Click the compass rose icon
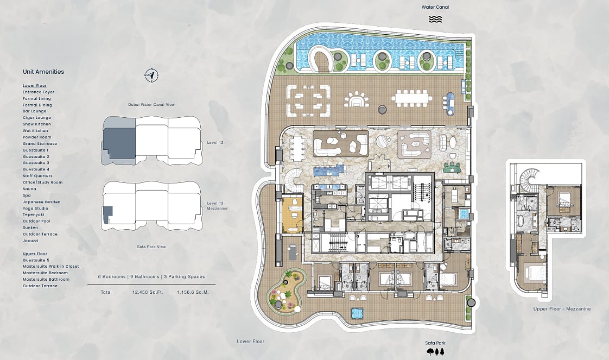coord(151,75)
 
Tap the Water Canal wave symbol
coord(435,19)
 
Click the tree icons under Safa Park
coord(435,352)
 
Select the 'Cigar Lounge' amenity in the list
coord(37,118)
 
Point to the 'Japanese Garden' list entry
coord(42,202)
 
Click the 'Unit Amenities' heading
coord(43,72)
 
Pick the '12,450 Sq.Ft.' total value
coord(148,292)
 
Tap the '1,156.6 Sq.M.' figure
coord(193,292)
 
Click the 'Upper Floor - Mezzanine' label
coord(562,309)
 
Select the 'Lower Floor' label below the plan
coord(251,342)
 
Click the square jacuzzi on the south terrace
coord(357,313)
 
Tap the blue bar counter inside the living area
coord(329,170)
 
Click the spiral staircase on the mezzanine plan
coord(529,178)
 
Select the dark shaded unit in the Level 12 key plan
coord(119,143)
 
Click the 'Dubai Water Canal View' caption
coord(151,104)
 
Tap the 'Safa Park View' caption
coord(151,247)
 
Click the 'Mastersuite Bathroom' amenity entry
coord(46,279)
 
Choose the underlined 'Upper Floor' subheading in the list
coord(35,254)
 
